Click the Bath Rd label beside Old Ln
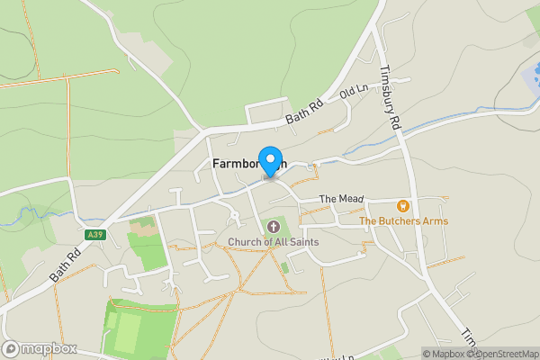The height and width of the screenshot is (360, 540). [304, 112]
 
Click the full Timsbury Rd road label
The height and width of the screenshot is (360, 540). [389, 100]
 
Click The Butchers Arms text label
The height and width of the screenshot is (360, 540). [402, 220]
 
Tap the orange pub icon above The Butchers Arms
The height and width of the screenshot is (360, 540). [402, 205]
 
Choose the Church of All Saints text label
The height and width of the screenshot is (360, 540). [273, 241]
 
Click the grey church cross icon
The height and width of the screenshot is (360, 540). [273, 226]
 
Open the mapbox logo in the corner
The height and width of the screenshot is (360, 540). [40, 348]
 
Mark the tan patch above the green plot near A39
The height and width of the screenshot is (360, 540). [143, 226]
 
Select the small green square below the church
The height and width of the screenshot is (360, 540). [284, 267]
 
